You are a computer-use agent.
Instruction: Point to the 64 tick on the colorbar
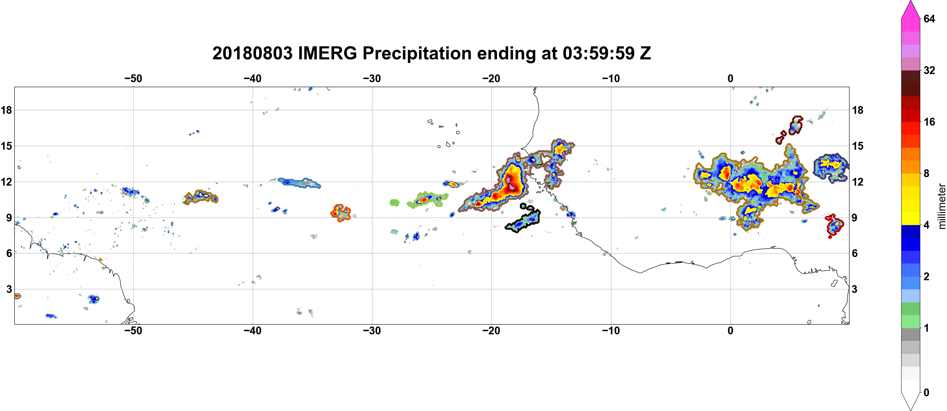[929, 19]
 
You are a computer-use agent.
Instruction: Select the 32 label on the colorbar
[929, 70]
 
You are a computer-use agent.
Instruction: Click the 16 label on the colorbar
[929, 122]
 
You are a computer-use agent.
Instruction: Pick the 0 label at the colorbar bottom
[926, 393]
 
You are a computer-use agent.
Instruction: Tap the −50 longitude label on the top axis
[133, 78]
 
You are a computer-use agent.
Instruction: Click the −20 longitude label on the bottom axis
[491, 331]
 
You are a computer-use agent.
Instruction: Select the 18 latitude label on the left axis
[6, 110]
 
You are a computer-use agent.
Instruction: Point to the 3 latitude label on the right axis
[854, 289]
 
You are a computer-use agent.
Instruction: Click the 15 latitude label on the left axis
[6, 146]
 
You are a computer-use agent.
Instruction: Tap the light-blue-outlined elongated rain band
[299, 183]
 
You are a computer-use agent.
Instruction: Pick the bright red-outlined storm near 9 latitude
[834, 225]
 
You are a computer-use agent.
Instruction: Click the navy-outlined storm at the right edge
[831, 168]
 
